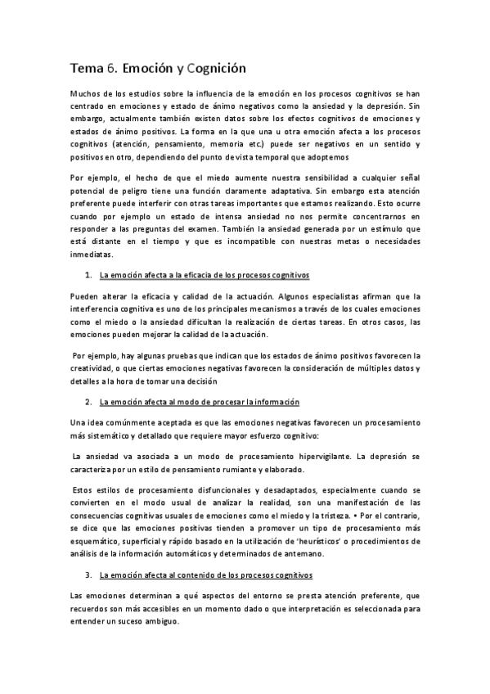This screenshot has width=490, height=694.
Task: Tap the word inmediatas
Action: pyautogui.click(x=92, y=254)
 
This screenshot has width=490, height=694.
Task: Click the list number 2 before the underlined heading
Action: pyautogui.click(x=88, y=402)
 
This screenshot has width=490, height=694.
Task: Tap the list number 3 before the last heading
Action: pyautogui.click(x=88, y=575)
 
